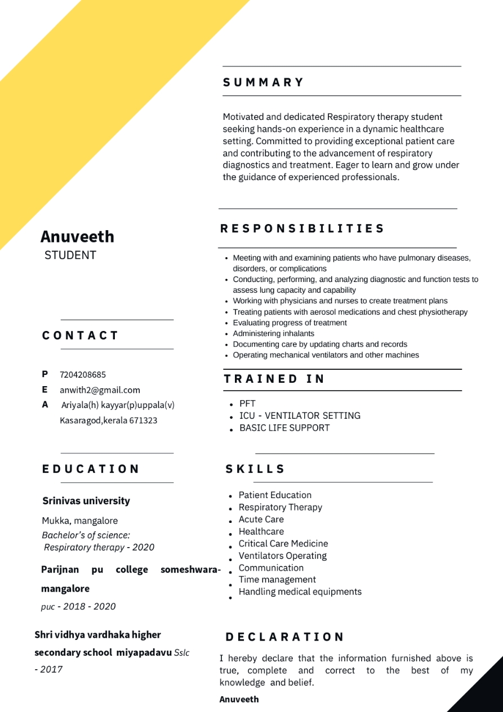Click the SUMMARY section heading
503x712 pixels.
(x=263, y=82)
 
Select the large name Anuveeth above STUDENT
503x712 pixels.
(x=77, y=236)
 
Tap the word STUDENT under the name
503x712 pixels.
(x=70, y=256)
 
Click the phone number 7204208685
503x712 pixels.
(x=83, y=375)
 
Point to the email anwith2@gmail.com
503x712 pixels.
(x=100, y=390)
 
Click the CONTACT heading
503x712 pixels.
(x=80, y=335)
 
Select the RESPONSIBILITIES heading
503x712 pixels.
(x=302, y=229)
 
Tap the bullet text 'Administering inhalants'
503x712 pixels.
(x=273, y=333)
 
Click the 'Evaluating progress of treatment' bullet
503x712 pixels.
(x=290, y=323)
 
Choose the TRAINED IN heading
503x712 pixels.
(x=274, y=379)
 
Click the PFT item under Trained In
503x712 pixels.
(x=247, y=404)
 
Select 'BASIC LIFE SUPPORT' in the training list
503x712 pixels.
(x=284, y=428)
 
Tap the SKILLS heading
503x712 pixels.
(x=255, y=469)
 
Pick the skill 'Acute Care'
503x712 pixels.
(x=261, y=520)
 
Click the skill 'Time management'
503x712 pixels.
(x=277, y=580)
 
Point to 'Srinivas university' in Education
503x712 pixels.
(x=86, y=501)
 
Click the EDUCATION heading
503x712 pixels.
(x=90, y=469)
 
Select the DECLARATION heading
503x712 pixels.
(x=284, y=637)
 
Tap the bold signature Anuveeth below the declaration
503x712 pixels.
(x=239, y=699)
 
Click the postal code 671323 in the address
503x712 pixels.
(x=143, y=420)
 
